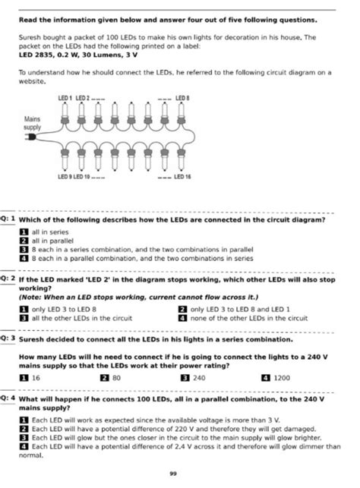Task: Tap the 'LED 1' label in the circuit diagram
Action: pyautogui.click(x=65, y=98)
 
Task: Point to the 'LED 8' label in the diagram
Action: pyautogui.click(x=183, y=98)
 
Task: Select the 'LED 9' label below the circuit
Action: pyautogui.click(x=65, y=176)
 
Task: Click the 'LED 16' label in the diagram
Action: pyautogui.click(x=182, y=176)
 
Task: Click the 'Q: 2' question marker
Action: pyautogui.click(x=8, y=279)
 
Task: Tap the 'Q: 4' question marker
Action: pyautogui.click(x=8, y=397)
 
